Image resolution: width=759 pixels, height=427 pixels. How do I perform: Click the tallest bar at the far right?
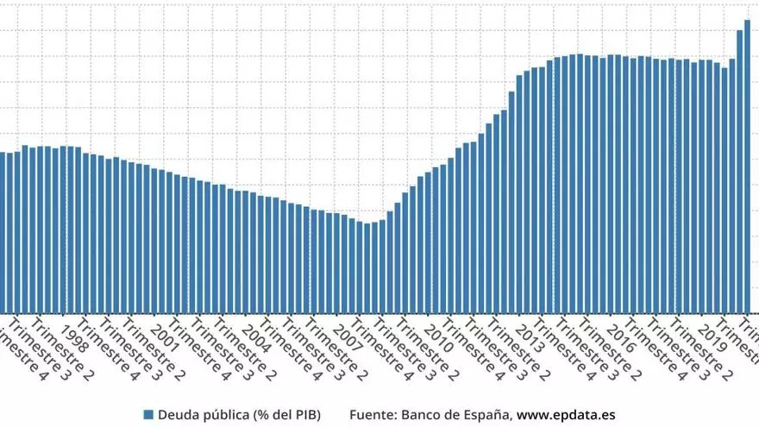pyautogui.click(x=747, y=164)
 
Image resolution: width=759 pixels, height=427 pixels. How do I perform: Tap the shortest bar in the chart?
pyautogui.click(x=367, y=267)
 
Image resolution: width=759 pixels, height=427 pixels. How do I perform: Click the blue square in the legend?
pyautogui.click(x=148, y=415)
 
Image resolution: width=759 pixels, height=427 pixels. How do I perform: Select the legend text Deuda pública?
pyautogui.click(x=199, y=415)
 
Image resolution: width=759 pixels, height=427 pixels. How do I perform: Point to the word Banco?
pyautogui.click(x=427, y=415)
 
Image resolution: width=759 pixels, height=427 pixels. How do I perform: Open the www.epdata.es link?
pyautogui.click(x=566, y=415)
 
